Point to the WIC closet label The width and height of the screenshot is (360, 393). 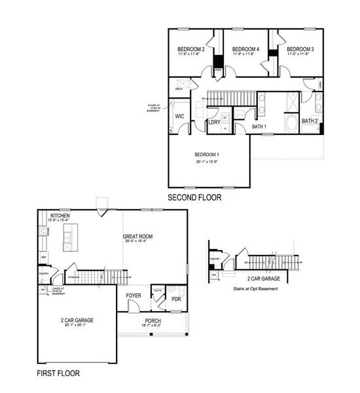tap(179, 117)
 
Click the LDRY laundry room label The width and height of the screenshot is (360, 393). tap(213, 122)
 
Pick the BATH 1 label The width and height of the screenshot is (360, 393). tap(259, 126)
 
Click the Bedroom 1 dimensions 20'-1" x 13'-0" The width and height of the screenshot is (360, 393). tap(206, 161)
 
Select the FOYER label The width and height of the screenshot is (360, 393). tap(134, 295)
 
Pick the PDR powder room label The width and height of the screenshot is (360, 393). tap(175, 299)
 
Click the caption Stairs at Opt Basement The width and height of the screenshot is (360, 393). tap(257, 287)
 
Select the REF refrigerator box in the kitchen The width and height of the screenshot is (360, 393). tap(43, 256)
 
